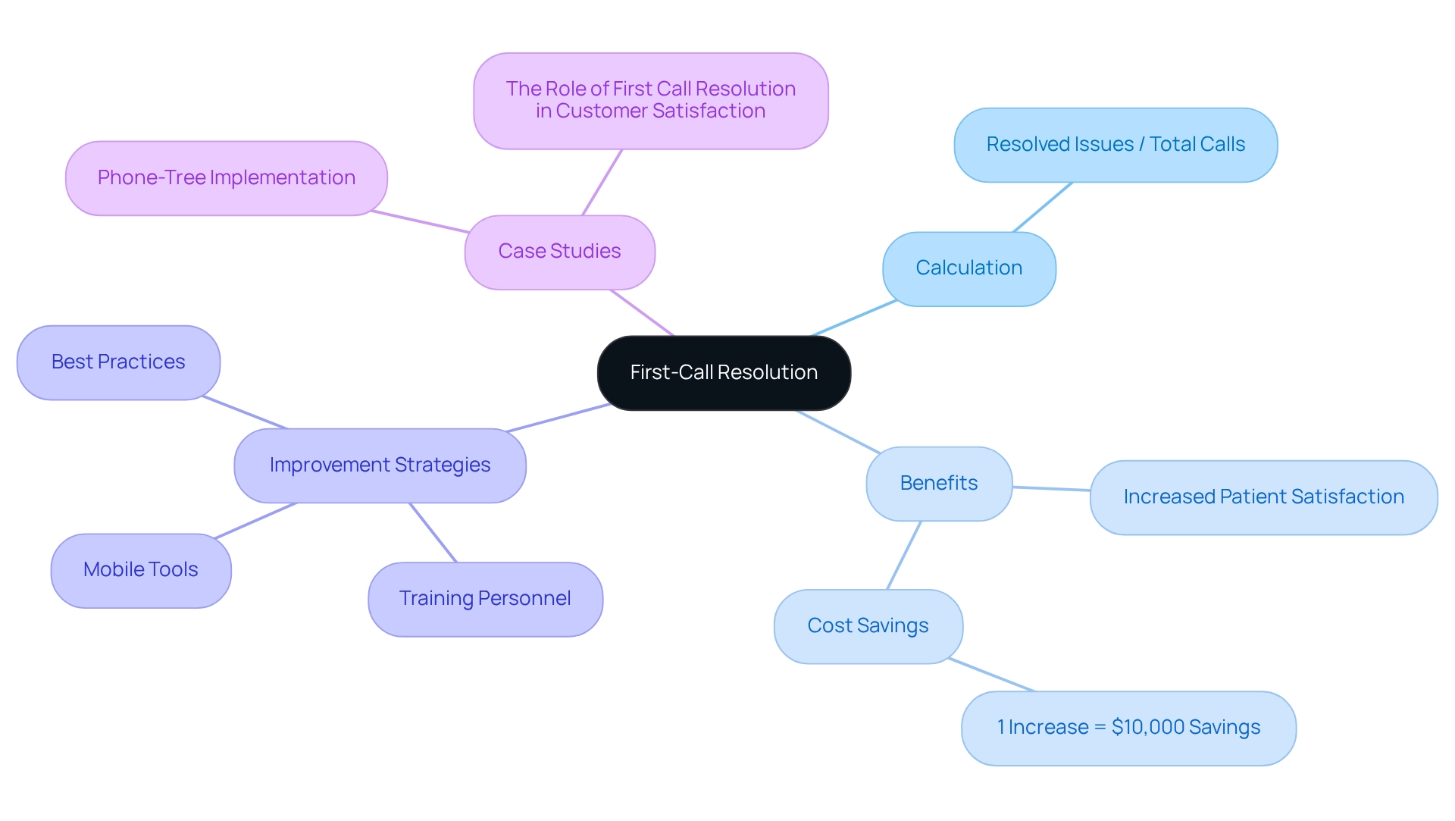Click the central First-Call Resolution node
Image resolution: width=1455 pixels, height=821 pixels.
pos(724,373)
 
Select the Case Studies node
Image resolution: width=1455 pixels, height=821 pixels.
pos(559,252)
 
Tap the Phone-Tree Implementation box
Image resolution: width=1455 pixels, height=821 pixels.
pos(226,178)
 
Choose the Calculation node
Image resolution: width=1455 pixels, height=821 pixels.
pos(968,268)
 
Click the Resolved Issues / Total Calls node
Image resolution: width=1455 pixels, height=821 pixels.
pos(1115,145)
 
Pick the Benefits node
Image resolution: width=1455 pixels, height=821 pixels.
pos(939,484)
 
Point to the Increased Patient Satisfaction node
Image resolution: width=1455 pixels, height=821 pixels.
pos(1263,497)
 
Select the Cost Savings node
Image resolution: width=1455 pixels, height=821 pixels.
pos(868,626)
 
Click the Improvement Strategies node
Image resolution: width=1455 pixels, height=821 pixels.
pos(380,465)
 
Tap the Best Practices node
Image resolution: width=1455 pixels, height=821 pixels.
pos(118,362)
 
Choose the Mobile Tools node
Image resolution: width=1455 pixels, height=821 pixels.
pos(141,570)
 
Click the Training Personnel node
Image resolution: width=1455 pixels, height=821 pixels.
pos(485,599)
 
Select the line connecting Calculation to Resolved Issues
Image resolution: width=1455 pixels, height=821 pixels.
pos(1043,207)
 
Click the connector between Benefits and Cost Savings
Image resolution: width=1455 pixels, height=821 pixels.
pos(904,555)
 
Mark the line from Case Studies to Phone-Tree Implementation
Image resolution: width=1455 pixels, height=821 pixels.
pos(421,221)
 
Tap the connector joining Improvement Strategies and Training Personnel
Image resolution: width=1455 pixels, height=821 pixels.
pos(433,532)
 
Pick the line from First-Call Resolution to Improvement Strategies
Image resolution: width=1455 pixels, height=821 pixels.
pos(559,418)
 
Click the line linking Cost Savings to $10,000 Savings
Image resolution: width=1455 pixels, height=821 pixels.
pos(991,675)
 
